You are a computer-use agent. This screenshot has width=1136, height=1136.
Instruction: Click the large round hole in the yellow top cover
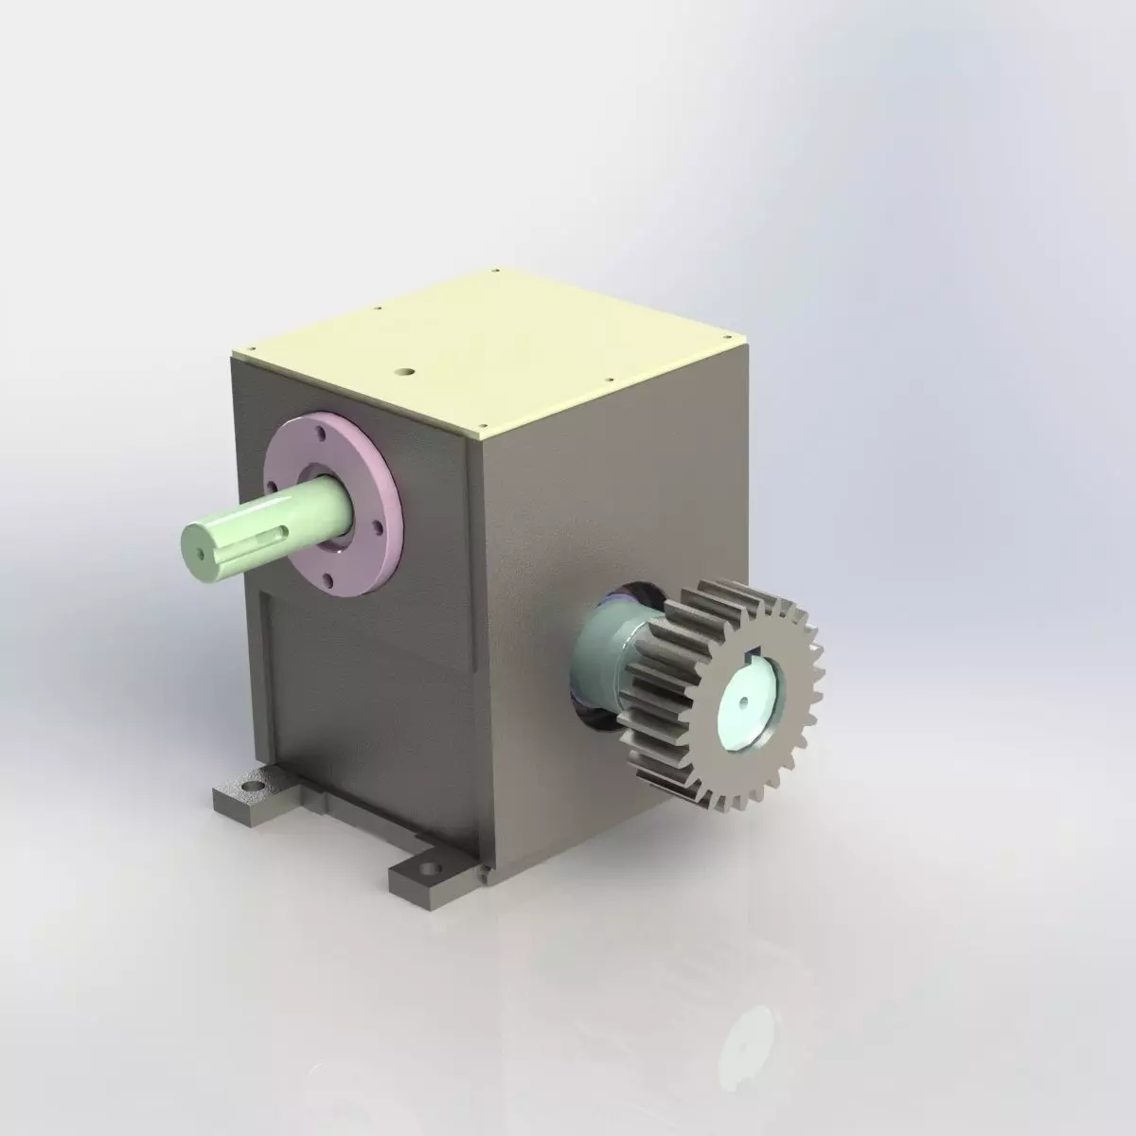[x=406, y=373]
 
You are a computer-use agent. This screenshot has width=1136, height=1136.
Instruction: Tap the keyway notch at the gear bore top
[x=754, y=650]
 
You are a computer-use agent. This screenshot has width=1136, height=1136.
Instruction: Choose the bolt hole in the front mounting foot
[x=431, y=866]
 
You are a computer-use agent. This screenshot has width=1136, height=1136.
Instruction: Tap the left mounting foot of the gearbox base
[x=239, y=797]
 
